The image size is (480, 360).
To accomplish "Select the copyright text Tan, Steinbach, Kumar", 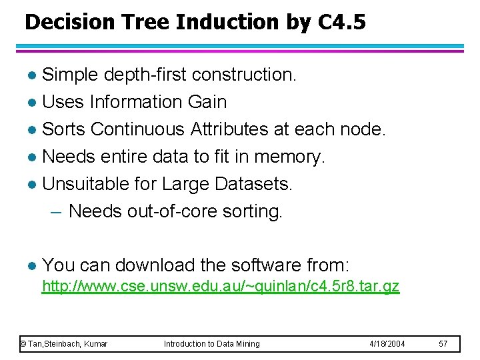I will click(x=64, y=343).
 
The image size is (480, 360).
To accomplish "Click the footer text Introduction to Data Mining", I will click(x=212, y=343).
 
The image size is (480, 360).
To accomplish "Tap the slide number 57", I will click(x=444, y=343).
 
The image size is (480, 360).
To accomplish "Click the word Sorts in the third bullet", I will click(x=65, y=129).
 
